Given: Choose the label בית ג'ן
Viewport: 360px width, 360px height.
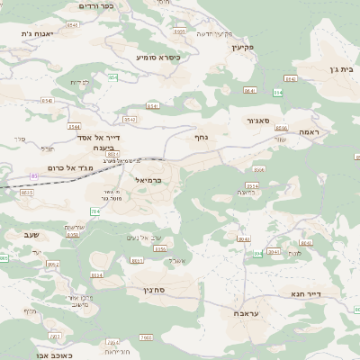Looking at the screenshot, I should click(x=340, y=67).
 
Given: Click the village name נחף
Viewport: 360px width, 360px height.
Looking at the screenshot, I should click(x=202, y=138).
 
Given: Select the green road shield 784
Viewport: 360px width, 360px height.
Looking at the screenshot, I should click(x=95, y=211).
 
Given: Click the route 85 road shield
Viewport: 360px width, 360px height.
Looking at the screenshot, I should click(x=34, y=175).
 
